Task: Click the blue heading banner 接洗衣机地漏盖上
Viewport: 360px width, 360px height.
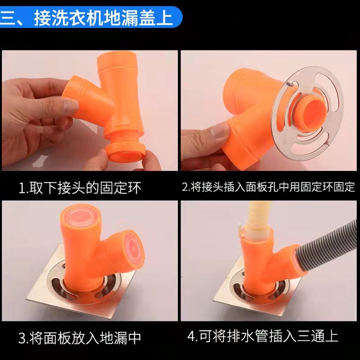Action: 91,18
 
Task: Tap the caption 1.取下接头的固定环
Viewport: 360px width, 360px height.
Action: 80,188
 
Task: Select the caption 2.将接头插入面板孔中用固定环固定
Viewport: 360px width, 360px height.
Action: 268,187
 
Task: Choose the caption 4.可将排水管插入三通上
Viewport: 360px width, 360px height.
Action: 263,336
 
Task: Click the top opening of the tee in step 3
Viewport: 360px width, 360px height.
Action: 81,216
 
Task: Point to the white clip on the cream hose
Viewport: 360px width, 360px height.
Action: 241,232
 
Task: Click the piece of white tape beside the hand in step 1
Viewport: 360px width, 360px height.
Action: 40,160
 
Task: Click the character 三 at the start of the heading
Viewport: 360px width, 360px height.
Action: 9,18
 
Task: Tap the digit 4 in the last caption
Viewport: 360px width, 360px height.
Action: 192,337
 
